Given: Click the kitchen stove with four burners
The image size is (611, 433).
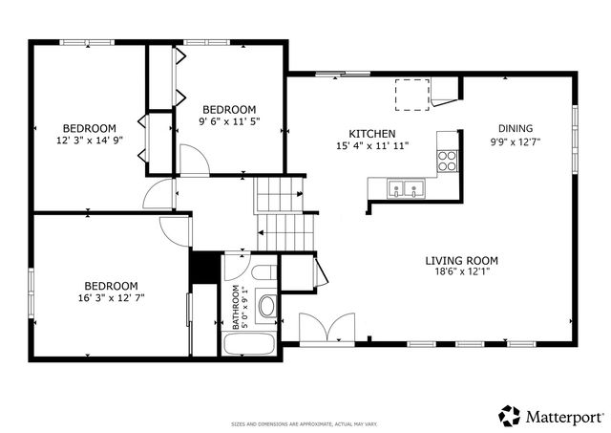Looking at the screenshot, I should point(446,162).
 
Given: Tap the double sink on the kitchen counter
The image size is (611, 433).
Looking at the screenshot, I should point(406,188).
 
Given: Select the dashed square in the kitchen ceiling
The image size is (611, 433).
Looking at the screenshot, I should point(412,95).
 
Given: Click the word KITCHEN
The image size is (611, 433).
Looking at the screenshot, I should point(372,134).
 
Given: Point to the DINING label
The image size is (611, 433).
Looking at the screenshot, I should point(516,129).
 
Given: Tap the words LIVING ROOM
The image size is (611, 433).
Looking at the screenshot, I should point(462,260).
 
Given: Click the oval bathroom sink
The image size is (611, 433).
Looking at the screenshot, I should point(267,308).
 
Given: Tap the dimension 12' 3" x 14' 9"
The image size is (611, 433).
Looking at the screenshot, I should point(90,141).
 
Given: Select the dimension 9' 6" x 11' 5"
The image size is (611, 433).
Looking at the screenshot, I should point(229,121).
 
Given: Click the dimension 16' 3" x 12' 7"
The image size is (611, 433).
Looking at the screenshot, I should point(111,297).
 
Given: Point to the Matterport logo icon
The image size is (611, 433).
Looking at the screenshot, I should point(508,415).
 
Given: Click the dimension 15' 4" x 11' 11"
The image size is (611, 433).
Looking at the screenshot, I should point(372,146).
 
